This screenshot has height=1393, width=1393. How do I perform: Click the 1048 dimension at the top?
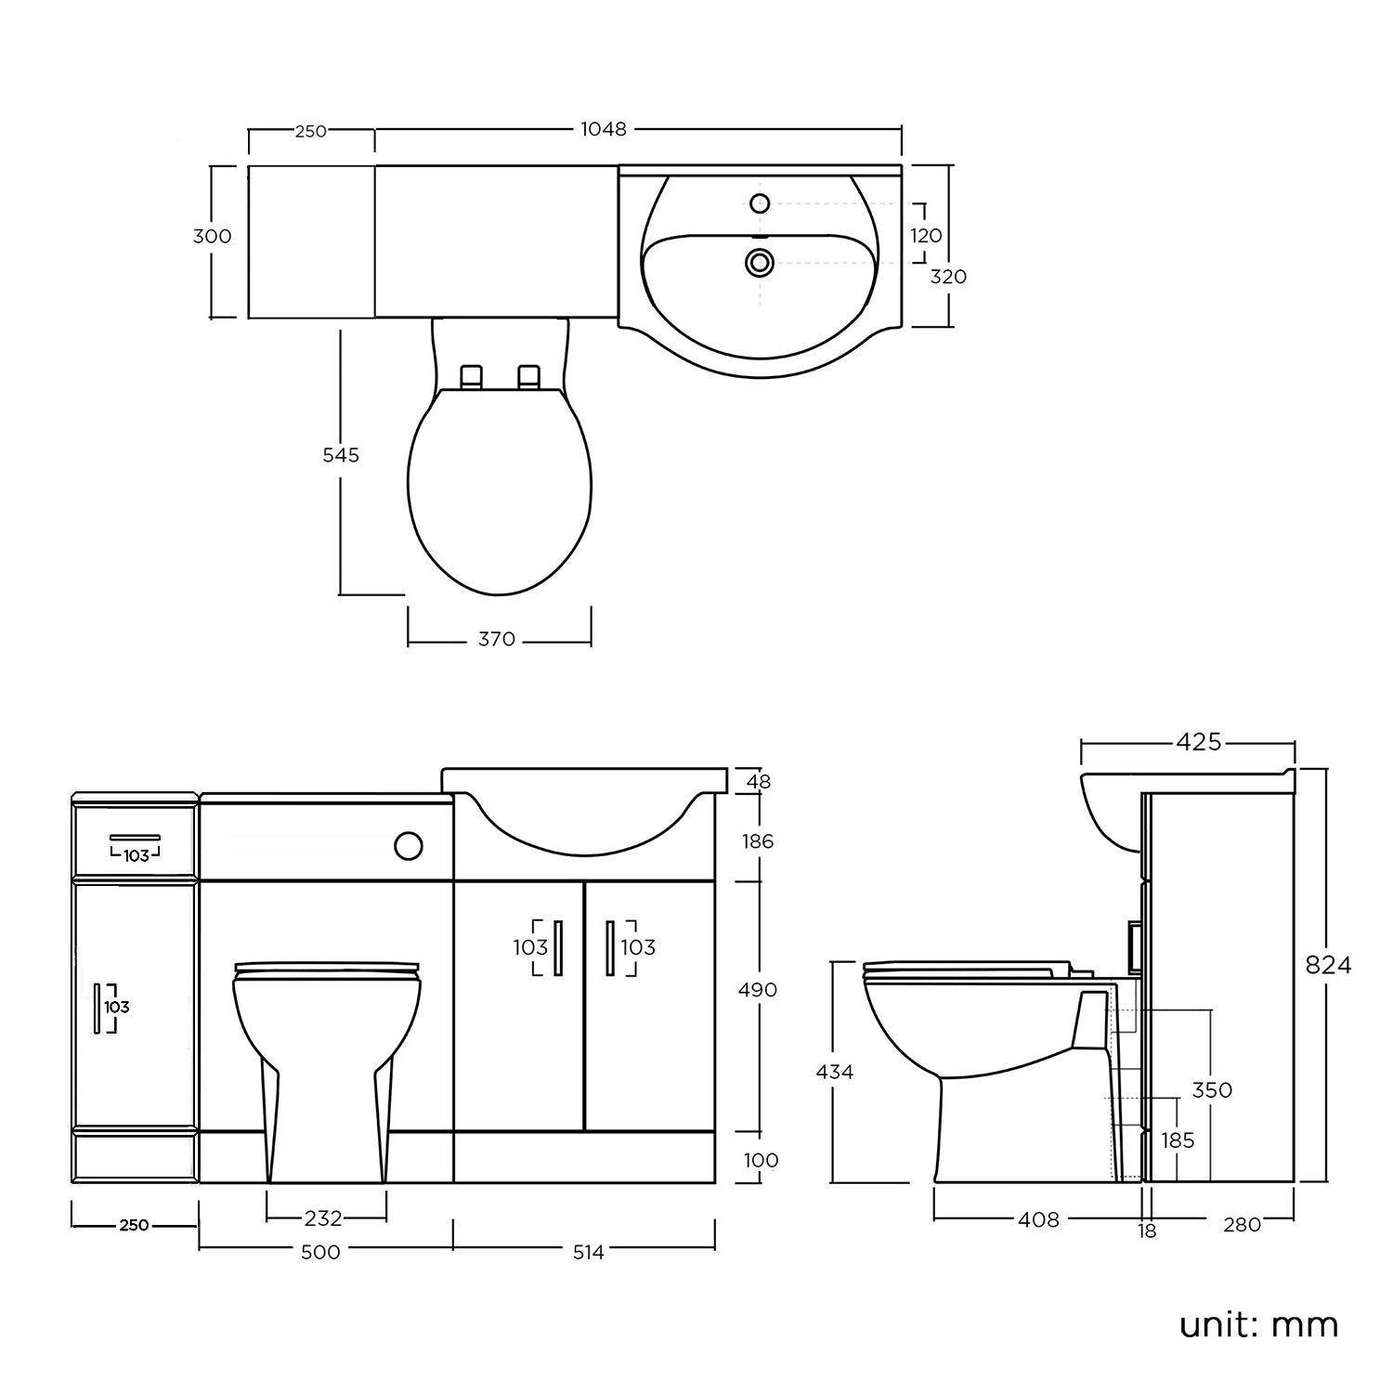pos(604,129)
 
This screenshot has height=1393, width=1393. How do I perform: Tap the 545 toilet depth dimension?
pos(340,455)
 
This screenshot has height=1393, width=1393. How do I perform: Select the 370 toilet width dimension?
pos(496,640)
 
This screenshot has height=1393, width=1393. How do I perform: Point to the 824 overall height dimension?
pos(1328,965)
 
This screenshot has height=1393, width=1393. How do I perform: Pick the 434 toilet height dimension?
pos(834,1072)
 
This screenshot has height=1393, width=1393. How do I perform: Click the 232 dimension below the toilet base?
pos(323,1217)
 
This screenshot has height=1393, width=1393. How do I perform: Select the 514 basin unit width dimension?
pos(588,1252)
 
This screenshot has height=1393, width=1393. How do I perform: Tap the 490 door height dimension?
pos(757,990)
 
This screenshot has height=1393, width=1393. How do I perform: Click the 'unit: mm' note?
pos(1258,1324)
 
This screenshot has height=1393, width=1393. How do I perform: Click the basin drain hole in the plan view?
pos(760,263)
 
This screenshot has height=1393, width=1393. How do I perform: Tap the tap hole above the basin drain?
pos(761,202)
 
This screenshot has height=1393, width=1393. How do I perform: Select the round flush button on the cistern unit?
pos(408,845)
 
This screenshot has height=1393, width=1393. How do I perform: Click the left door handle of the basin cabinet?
pos(557,947)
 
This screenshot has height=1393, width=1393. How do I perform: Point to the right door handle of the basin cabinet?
pos(610,947)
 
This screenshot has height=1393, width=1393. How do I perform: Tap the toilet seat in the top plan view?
pos(500,492)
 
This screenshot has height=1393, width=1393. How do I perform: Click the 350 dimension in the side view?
pos(1212,1089)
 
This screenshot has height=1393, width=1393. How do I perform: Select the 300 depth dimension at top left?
pos(212,237)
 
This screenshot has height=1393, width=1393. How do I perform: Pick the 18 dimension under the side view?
pos(1148,1231)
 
